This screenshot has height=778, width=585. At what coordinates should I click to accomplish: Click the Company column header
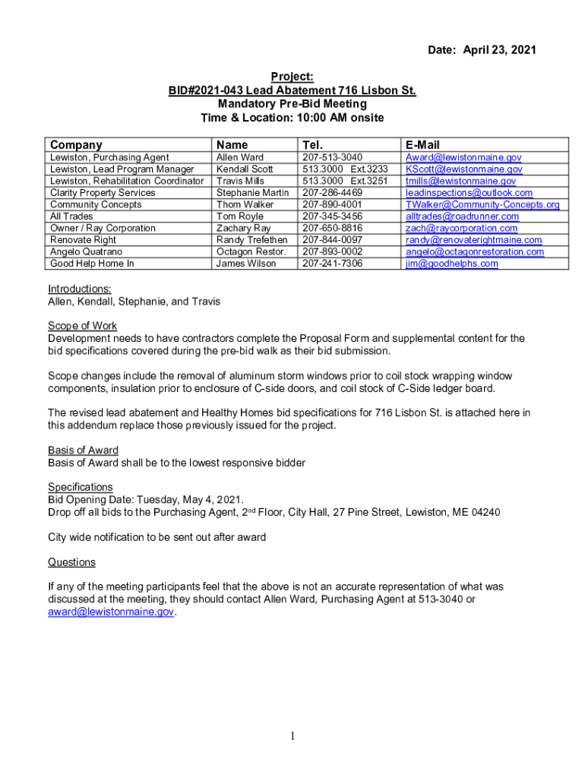(x=76, y=145)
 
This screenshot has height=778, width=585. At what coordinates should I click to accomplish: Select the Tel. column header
(x=313, y=145)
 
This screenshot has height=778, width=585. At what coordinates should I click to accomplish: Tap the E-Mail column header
(x=422, y=145)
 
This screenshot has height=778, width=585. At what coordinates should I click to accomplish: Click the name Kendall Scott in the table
(x=245, y=169)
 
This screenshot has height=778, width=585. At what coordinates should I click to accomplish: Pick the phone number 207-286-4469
(x=333, y=193)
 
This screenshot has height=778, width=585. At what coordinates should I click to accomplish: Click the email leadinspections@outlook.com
(x=469, y=193)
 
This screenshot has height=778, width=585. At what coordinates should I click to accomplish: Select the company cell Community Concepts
(x=96, y=204)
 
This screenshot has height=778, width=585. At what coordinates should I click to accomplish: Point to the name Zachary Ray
(x=243, y=228)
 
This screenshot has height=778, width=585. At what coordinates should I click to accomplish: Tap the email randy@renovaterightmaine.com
(x=473, y=240)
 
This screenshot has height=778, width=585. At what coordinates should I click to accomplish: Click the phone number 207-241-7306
(x=333, y=264)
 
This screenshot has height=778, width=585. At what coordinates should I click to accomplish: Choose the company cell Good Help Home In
(x=92, y=264)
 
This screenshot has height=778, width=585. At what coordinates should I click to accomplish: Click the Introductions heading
(x=80, y=289)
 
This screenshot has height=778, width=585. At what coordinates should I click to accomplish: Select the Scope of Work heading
(x=82, y=326)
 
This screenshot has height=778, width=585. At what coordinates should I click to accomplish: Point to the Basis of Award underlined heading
(x=84, y=451)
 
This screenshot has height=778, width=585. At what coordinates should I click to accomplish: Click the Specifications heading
(x=81, y=487)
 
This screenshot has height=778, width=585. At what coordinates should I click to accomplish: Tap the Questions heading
(x=71, y=562)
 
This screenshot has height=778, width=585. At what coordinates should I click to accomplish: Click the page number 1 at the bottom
(x=292, y=735)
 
